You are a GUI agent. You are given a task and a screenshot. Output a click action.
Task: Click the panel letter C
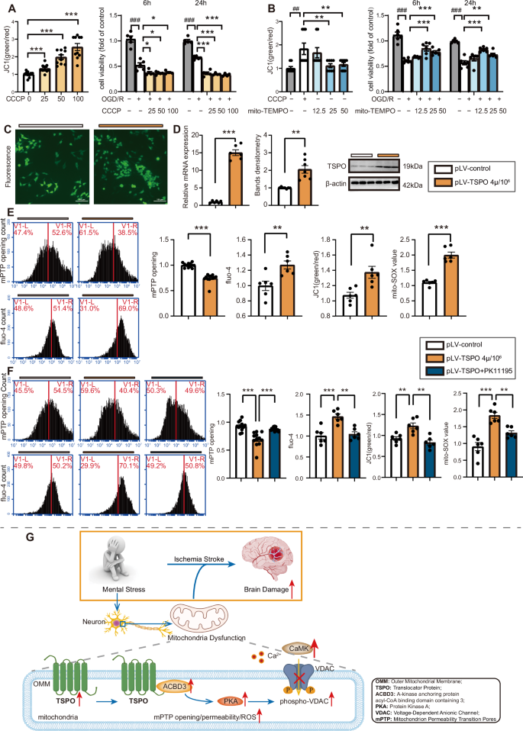[x=8, y=128]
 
